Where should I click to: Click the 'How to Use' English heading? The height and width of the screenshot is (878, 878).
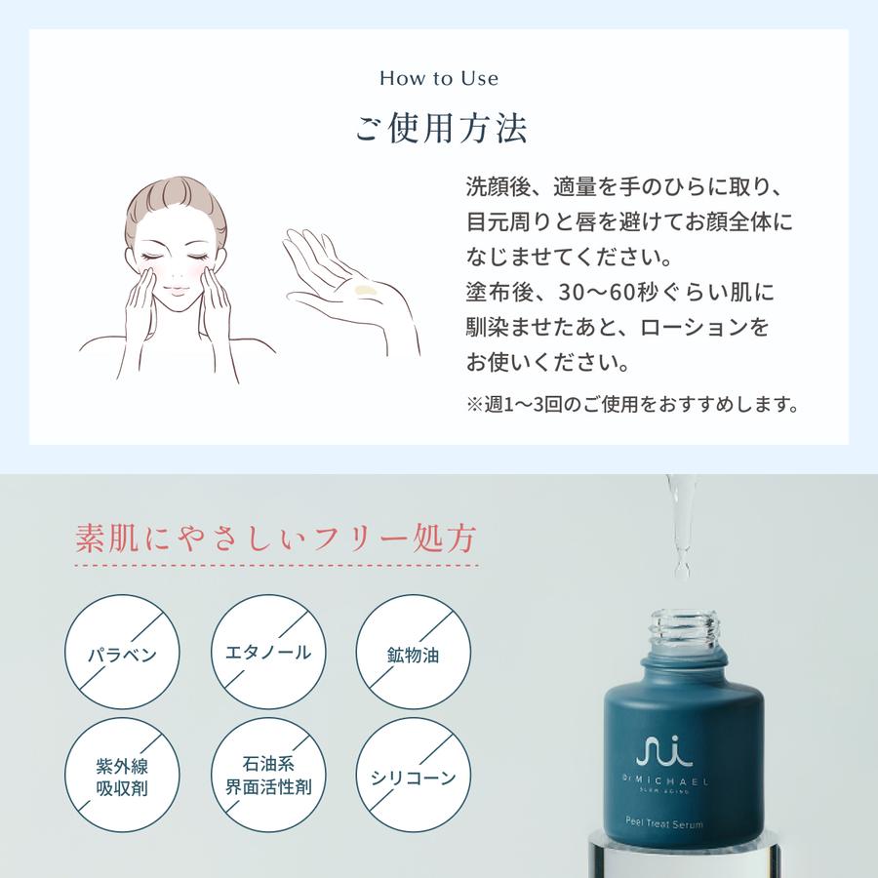pyautogui.click(x=439, y=78)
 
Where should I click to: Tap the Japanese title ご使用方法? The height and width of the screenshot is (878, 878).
pyautogui.click(x=441, y=130)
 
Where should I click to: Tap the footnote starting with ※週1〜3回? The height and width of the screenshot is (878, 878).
pyautogui.click(x=633, y=404)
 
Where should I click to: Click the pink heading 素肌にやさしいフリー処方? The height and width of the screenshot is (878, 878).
pyautogui.click(x=275, y=539)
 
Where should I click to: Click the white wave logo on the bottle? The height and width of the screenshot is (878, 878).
pyautogui.click(x=664, y=751)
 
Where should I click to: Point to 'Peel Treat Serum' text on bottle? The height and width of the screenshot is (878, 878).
pyautogui.click(x=664, y=822)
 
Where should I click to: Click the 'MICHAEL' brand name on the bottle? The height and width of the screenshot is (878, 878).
pyautogui.click(x=672, y=780)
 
